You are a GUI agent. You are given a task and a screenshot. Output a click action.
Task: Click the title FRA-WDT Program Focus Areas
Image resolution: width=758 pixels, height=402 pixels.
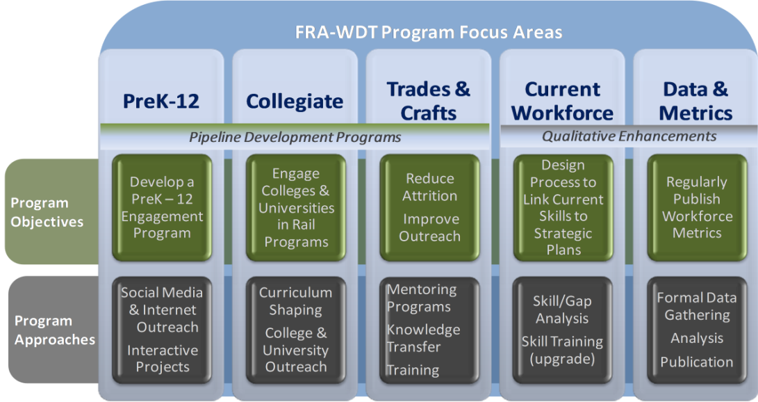point(429,33)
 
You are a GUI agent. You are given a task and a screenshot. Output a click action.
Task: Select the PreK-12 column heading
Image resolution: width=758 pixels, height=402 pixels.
point(161,101)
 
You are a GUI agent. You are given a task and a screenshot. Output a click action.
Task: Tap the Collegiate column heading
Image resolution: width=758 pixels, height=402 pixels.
point(295,102)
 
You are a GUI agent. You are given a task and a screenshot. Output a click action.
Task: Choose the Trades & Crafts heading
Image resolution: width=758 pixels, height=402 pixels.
point(428,101)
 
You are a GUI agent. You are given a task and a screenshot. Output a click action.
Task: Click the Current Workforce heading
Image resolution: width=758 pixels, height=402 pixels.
point(562,101)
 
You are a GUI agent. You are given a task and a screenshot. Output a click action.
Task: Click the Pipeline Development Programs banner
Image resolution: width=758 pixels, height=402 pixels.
point(295,138)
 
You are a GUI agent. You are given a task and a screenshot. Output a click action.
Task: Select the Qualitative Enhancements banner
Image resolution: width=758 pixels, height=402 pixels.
point(629,136)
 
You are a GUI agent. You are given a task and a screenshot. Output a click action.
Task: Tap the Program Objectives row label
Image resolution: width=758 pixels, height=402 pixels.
point(47,212)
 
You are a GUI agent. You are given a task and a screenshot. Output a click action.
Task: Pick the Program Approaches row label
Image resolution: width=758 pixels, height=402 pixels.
point(55,330)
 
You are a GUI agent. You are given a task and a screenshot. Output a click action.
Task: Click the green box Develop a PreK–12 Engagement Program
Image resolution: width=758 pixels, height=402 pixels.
point(162,207)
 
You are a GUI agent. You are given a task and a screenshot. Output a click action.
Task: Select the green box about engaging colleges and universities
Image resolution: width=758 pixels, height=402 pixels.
point(296,207)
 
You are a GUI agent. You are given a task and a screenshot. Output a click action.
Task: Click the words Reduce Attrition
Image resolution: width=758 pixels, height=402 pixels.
point(430,187)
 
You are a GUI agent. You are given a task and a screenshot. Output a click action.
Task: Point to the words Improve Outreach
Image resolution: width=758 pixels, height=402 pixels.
point(430,228)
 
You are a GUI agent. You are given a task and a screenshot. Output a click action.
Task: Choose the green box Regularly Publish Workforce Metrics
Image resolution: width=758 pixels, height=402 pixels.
point(697,207)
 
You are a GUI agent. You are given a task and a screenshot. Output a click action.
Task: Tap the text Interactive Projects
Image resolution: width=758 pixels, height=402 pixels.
point(163,358)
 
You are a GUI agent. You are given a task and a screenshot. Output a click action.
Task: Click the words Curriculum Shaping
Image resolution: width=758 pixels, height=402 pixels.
point(295,301)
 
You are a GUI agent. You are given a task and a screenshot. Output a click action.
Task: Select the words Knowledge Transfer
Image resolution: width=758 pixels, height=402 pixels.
point(424,338)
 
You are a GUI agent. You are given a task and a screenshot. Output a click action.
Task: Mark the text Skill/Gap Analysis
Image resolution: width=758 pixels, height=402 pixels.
point(562,309)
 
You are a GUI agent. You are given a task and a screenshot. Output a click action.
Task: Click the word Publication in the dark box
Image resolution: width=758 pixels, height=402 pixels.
point(697,362)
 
